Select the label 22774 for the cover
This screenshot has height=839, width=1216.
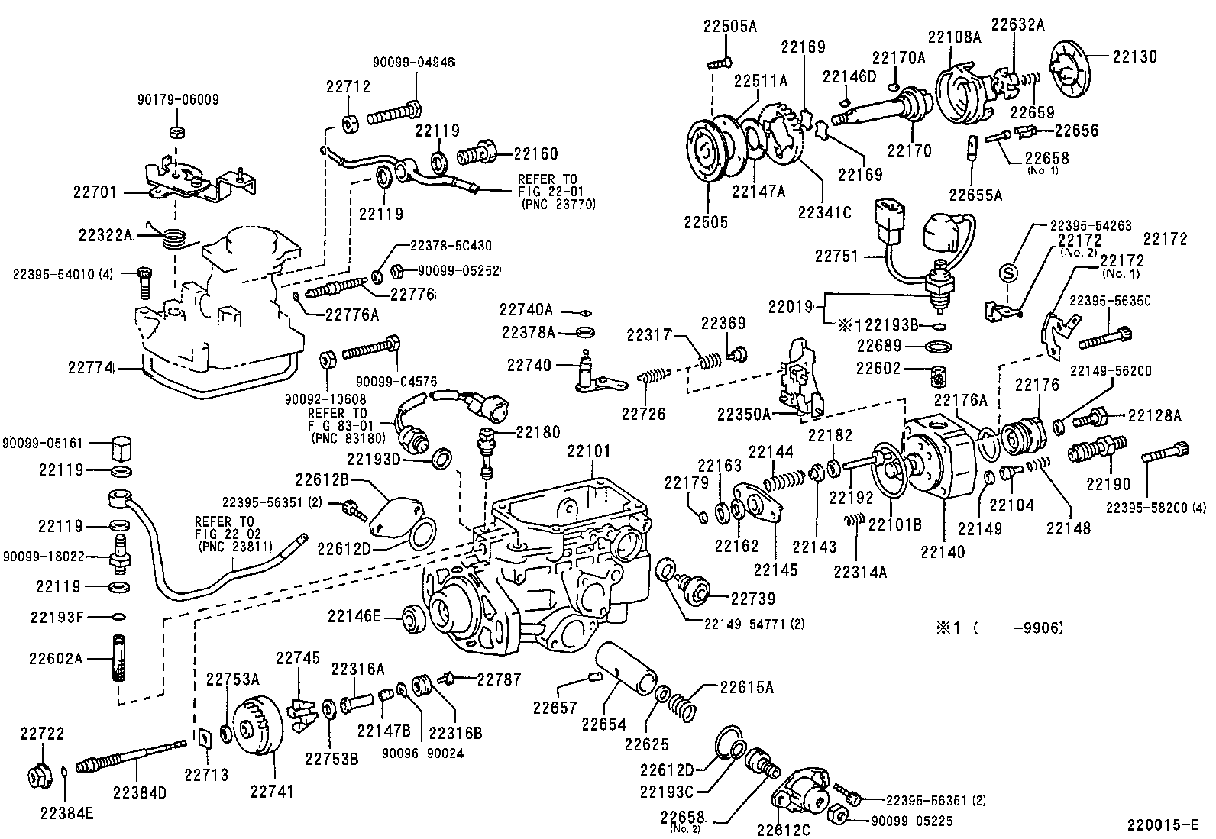click(x=90, y=368)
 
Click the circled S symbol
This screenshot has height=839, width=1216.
click(x=1007, y=273)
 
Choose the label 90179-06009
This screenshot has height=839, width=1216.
click(x=178, y=99)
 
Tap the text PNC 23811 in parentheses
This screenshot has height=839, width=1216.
click(x=229, y=547)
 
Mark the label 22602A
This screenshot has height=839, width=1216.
click(x=55, y=658)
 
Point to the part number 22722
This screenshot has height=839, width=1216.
click(x=42, y=734)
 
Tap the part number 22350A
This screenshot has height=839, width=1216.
click(x=744, y=414)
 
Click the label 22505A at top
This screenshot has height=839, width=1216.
click(x=729, y=27)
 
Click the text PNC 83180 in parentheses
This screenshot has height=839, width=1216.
click(x=341, y=438)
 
